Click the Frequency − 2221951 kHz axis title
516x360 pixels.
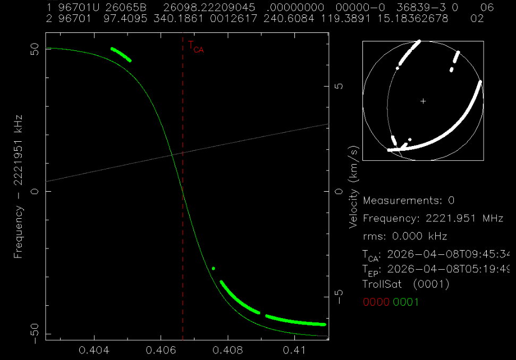pos(19,186)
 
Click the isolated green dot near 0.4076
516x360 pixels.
pos(213,269)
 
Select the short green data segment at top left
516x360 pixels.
pos(121,54)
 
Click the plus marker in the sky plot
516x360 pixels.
pos(423,101)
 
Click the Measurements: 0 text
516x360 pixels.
pos(409,201)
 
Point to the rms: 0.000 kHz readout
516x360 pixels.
pos(405,236)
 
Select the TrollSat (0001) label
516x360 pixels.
pos(406,284)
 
